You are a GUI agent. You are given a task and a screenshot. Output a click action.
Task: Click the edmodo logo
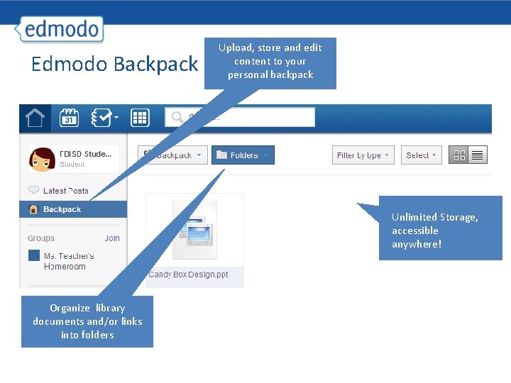(62, 30)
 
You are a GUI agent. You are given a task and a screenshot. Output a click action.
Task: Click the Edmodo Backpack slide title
(114, 65)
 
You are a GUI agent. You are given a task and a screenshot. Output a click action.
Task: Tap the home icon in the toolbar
(35, 118)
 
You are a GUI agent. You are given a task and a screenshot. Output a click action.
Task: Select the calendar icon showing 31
(69, 118)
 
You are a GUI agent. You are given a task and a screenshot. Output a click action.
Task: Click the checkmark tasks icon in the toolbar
(104, 118)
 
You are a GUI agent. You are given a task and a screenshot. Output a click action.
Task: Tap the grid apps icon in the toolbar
(139, 118)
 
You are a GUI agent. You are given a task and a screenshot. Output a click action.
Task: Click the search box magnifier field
(240, 117)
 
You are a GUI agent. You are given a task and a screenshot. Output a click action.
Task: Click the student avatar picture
(41, 159)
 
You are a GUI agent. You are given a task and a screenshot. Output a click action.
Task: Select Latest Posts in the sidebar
(65, 191)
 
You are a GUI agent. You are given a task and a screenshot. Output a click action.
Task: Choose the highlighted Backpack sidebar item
(62, 209)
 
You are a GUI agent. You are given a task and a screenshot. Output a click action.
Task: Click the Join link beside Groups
(112, 238)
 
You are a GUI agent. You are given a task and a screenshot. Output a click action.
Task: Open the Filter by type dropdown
(363, 155)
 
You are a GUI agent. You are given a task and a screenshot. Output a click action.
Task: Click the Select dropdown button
(422, 155)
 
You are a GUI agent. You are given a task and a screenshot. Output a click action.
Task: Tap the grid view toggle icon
(459, 155)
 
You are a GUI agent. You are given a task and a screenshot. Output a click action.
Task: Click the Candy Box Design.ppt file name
(188, 274)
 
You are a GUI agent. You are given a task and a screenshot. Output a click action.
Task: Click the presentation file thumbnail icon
(194, 228)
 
